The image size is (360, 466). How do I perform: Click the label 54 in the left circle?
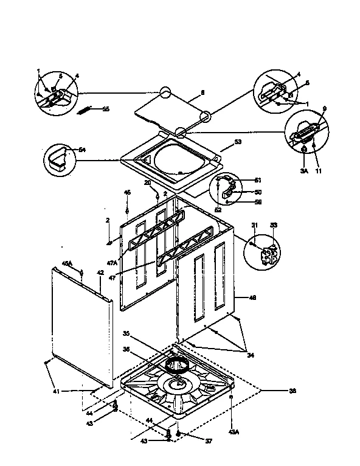[83, 150]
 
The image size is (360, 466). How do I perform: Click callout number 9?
[324, 109]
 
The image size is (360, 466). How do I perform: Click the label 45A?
[67, 263]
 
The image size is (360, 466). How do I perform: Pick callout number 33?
[273, 226]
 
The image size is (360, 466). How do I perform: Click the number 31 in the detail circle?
[255, 226]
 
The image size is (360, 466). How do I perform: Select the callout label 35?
[126, 333]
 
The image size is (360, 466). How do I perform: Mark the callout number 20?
[147, 183]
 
